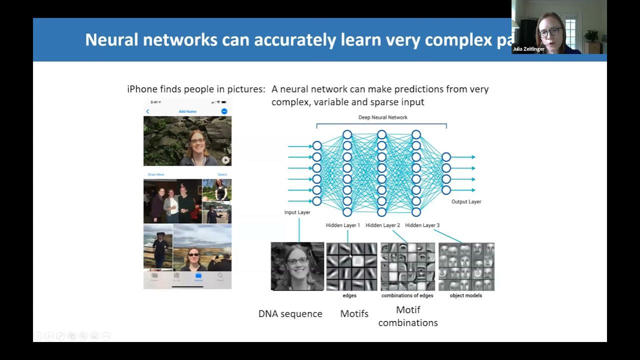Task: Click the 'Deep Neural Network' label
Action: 382,117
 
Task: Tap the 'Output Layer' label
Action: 466,201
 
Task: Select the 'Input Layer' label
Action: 297,212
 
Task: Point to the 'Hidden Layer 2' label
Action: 382,225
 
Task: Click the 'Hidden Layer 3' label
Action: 422,225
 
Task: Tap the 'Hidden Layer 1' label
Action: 342,225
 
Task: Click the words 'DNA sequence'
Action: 290,314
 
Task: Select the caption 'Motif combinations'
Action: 408,316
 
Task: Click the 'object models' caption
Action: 465,295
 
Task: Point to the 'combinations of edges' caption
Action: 407,295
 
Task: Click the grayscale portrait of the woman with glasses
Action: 297,266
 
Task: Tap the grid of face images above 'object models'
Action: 466,266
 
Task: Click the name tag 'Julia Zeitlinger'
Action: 528,49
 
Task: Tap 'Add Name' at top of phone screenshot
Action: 187,111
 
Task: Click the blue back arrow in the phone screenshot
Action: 147,111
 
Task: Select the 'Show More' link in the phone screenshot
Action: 155,174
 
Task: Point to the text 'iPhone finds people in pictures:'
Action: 196,89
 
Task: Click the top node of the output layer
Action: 446,157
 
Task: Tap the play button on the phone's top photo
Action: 225,160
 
